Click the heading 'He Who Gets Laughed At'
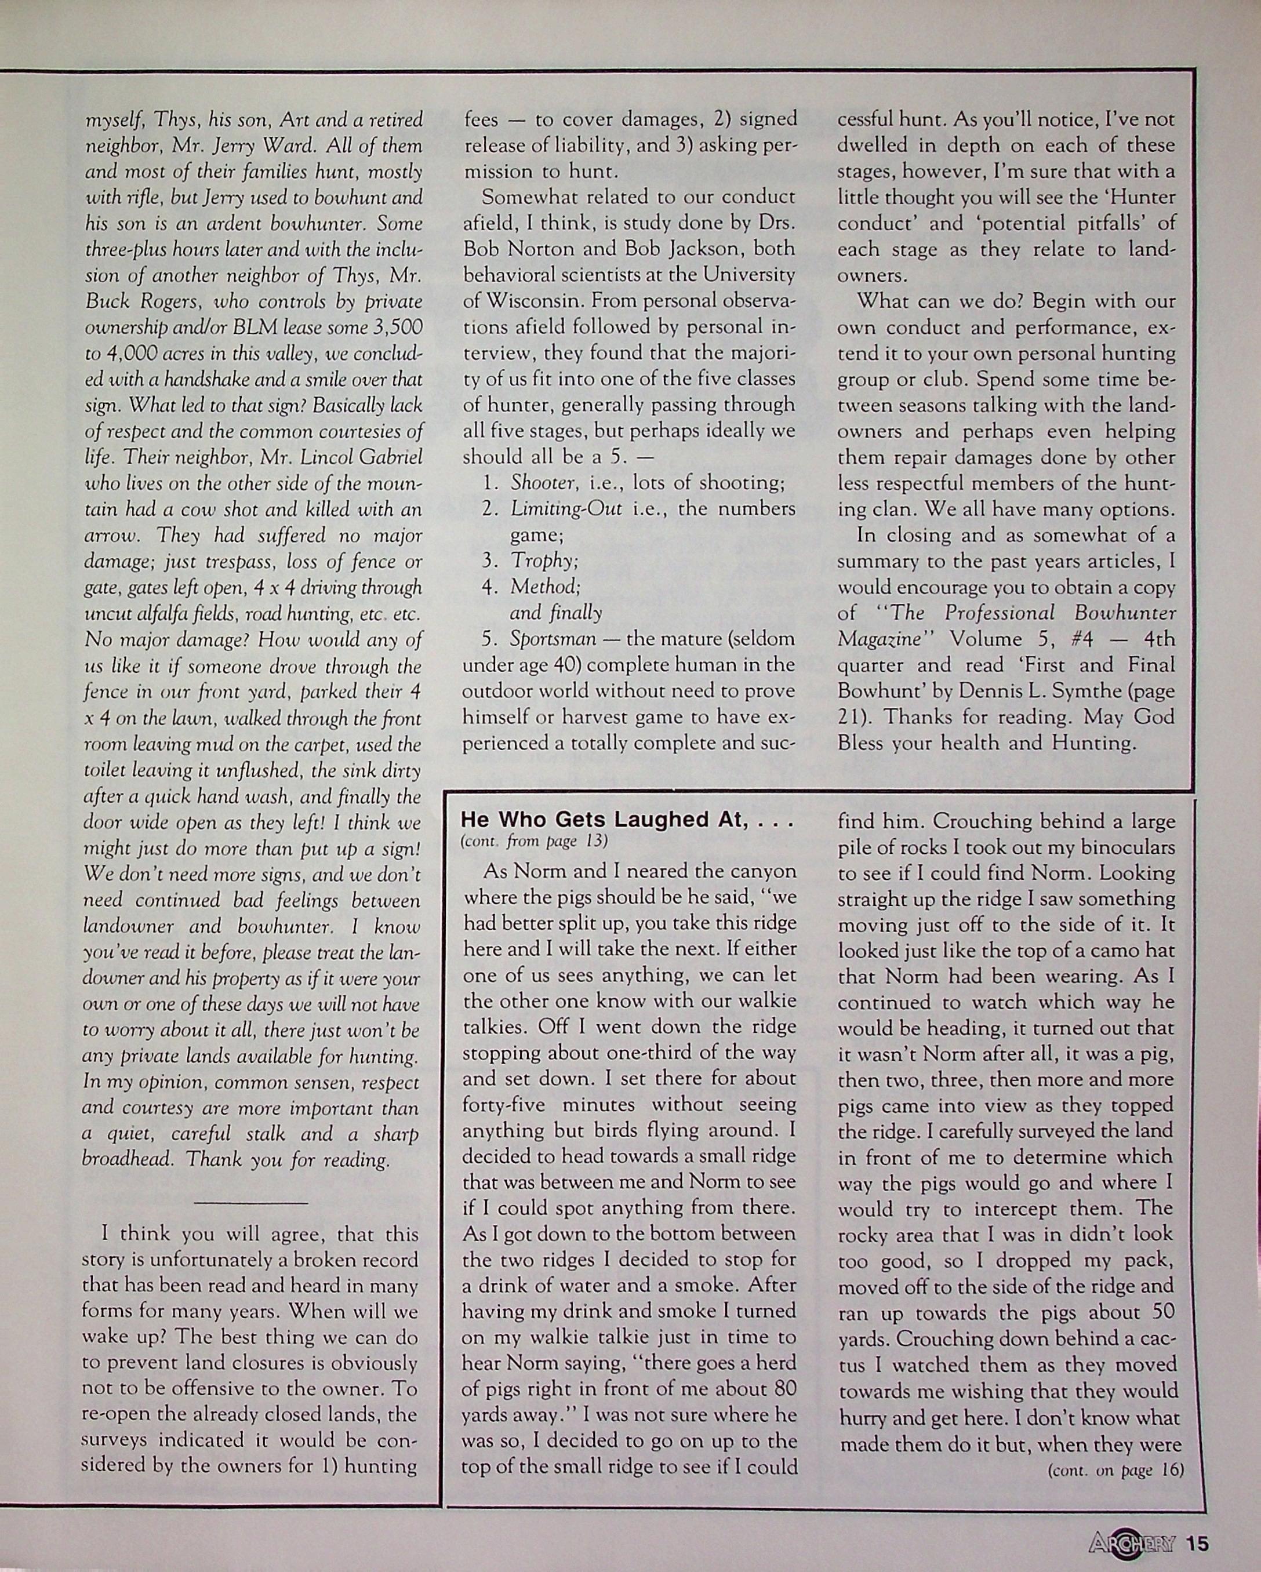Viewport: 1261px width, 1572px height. (627, 820)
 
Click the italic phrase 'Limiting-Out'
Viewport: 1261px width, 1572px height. (566, 509)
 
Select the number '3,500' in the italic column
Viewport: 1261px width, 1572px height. (398, 328)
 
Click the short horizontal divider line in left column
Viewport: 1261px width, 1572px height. (252, 1202)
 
